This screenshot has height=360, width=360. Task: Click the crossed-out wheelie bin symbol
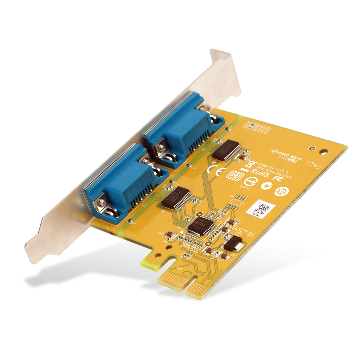tap(248, 164)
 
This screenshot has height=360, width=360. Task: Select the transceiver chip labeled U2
tap(226, 149)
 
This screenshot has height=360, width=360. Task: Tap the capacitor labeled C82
tap(171, 235)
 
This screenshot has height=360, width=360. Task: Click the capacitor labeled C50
tap(208, 250)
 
